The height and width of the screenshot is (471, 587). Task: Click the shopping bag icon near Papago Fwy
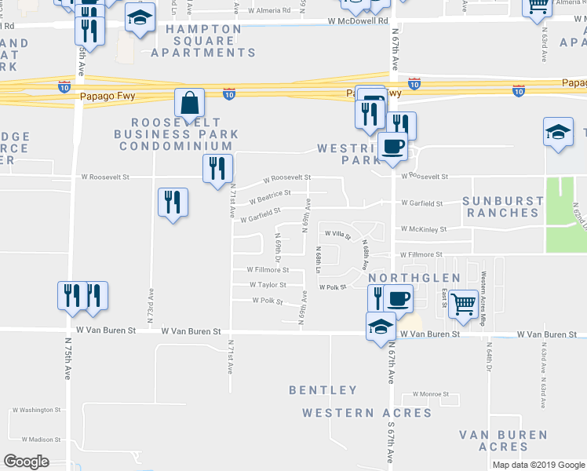190,103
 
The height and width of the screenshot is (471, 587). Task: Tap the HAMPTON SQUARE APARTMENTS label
203,41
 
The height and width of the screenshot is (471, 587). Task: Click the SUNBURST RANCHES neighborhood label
502,206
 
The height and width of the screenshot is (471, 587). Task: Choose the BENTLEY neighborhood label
323,389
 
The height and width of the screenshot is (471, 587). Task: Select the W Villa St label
338,233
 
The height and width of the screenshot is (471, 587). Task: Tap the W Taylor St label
268,285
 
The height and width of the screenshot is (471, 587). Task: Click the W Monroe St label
425,394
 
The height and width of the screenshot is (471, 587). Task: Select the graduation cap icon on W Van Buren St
381,325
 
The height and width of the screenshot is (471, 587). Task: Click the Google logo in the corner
27,462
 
